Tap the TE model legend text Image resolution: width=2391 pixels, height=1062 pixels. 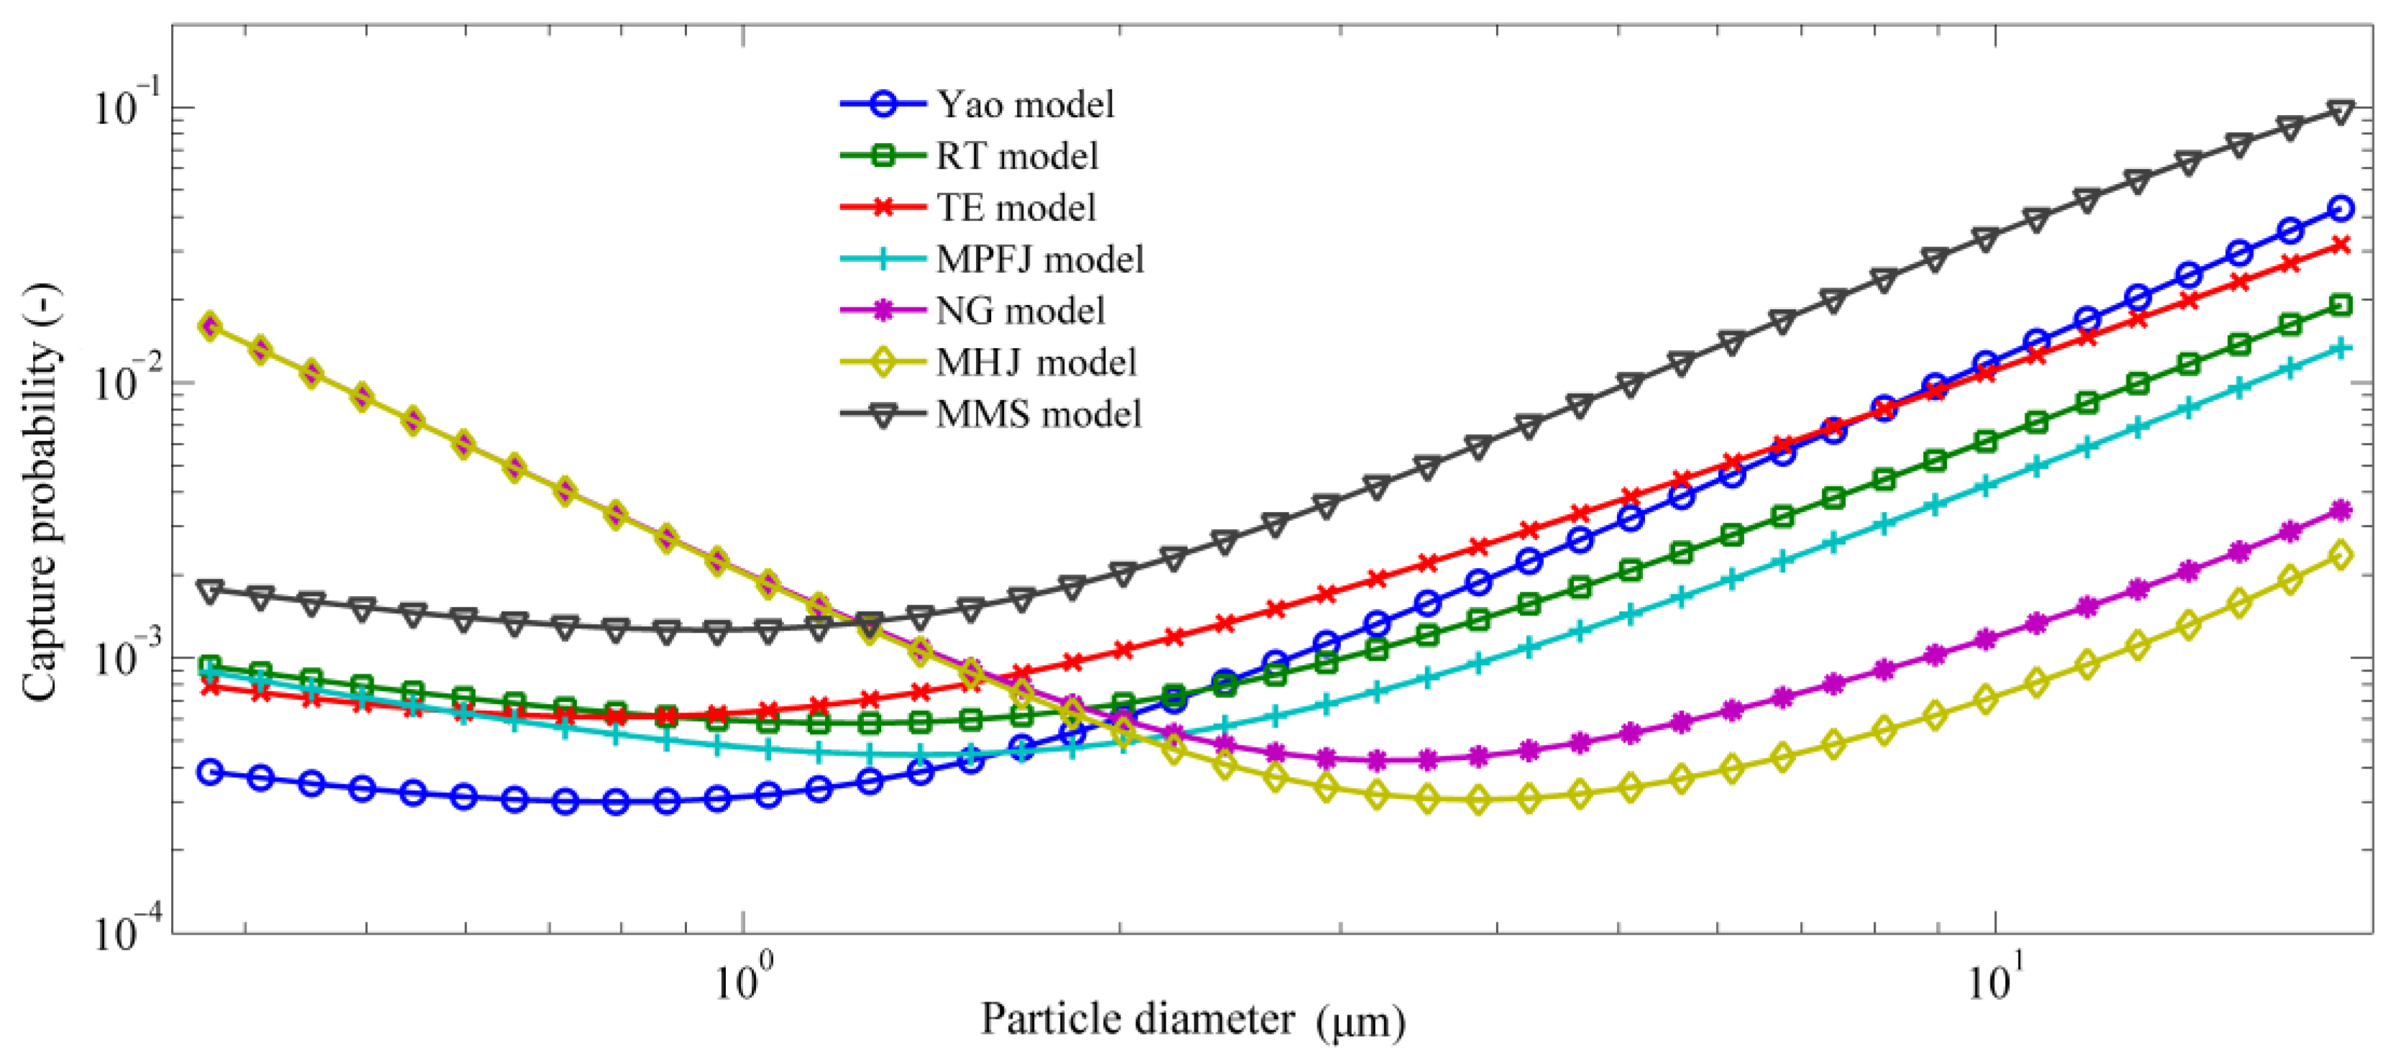(1016, 207)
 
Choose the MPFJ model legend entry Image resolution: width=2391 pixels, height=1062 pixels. (1040, 259)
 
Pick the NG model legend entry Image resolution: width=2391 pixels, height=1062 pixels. (1020, 310)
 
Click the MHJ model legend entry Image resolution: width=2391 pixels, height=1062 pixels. (1036, 362)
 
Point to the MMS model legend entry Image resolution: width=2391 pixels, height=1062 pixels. (1038, 414)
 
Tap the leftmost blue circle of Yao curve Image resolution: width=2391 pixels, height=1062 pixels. (211, 772)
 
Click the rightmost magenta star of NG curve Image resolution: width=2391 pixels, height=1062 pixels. (2341, 510)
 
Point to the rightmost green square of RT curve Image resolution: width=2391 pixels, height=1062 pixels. (2341, 306)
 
